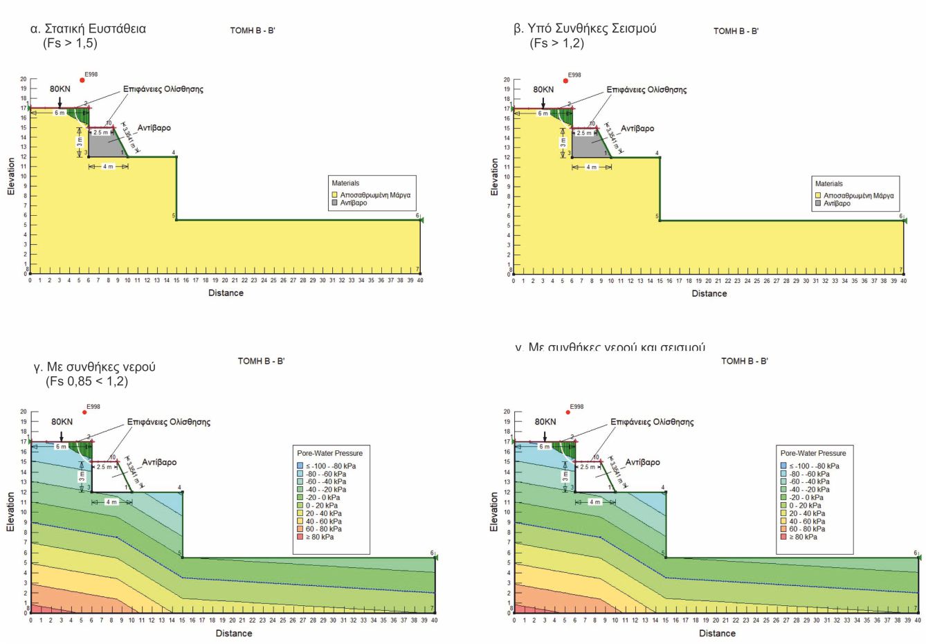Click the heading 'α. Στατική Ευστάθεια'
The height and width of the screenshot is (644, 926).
click(x=88, y=29)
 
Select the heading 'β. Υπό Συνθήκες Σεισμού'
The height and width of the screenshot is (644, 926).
click(x=585, y=28)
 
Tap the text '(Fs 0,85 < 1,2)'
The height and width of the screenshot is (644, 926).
click(x=87, y=381)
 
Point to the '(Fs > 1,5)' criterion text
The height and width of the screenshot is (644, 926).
click(x=70, y=43)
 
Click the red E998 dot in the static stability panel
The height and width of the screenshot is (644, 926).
click(x=82, y=80)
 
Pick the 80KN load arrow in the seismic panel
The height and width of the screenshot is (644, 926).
click(x=543, y=102)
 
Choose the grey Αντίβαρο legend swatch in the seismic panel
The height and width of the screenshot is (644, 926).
click(x=818, y=203)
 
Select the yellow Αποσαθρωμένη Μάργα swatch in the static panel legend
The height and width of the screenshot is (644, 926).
click(x=335, y=195)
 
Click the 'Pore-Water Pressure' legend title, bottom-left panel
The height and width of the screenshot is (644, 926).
click(x=329, y=453)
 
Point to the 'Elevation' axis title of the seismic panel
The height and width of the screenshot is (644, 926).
click(x=494, y=176)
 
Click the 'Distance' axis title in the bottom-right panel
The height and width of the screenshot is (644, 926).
click(x=717, y=634)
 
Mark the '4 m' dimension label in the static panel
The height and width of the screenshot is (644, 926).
click(x=108, y=167)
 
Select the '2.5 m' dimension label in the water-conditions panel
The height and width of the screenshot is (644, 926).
click(x=104, y=467)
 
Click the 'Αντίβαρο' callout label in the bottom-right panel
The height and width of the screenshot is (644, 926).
click(x=643, y=462)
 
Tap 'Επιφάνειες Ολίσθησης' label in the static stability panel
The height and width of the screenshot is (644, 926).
click(x=163, y=89)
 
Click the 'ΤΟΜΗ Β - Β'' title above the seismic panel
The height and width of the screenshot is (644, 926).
click(x=736, y=31)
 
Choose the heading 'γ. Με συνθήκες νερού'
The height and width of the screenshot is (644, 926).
click(x=94, y=367)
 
